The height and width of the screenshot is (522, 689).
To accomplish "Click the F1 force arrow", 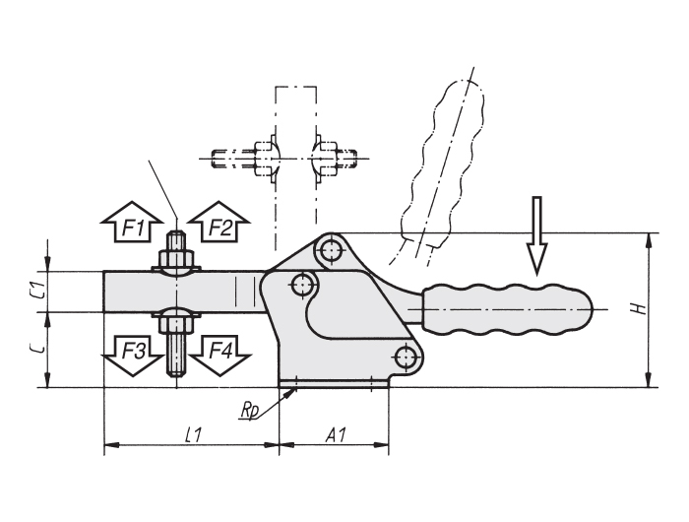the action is tap(131, 222).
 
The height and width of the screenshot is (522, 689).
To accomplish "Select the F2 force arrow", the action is tap(219, 222).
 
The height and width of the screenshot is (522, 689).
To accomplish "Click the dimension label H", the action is tap(641, 308).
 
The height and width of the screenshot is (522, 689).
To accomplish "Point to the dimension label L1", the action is tap(193, 435).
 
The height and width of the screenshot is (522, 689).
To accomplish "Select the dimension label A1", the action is tap(337, 435).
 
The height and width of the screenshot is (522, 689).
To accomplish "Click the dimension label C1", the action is tap(39, 292).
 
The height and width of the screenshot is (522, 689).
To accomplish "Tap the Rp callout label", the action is tap(249, 411).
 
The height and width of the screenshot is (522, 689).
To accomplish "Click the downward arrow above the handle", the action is tap(536, 235).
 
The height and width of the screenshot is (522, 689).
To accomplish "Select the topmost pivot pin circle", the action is tap(330, 250).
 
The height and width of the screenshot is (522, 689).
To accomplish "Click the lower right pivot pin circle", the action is tap(407, 358).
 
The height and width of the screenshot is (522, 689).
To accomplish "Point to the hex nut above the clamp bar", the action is tap(176, 259).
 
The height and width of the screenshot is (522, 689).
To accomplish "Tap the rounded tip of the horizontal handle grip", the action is tap(591, 309).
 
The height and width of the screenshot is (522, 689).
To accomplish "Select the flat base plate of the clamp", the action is tap(334, 384).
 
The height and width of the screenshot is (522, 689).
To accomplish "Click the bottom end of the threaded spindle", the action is tap(176, 376).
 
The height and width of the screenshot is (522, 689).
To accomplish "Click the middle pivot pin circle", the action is tap(302, 285).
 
